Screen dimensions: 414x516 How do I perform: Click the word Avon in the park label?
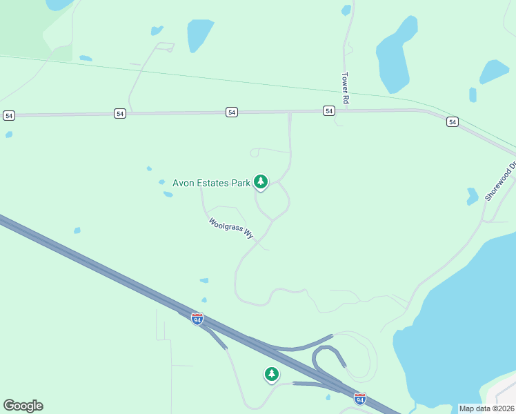(x=183, y=183)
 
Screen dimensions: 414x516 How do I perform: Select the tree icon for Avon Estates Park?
(x=260, y=181)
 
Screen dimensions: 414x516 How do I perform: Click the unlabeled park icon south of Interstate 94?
(x=272, y=374)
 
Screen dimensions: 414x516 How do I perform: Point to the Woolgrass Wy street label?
(x=231, y=229)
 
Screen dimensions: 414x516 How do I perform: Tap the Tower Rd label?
(x=346, y=88)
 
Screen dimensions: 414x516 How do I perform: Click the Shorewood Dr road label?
(x=501, y=181)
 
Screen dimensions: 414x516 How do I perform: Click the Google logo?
(x=23, y=406)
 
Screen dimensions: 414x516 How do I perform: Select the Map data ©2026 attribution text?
(x=486, y=408)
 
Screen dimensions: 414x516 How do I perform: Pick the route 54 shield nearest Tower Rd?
(x=329, y=110)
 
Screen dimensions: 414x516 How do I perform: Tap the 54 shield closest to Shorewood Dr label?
(x=452, y=121)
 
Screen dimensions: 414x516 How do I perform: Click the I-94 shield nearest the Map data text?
(x=360, y=398)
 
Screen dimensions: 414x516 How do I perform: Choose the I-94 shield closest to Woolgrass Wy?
(x=197, y=319)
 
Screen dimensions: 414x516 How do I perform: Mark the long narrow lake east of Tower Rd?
(x=395, y=55)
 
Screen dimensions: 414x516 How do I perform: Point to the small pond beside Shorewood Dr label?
(x=473, y=196)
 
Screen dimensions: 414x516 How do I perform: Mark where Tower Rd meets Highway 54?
(x=344, y=110)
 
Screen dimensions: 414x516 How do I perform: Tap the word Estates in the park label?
(x=212, y=183)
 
